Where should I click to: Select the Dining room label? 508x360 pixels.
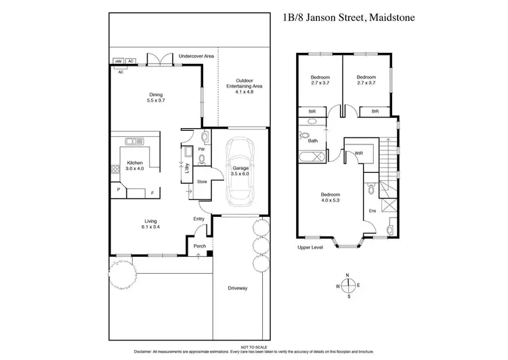coord(156,97)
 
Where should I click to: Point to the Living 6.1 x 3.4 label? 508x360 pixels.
coord(151,223)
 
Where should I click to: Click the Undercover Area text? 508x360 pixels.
coord(196,56)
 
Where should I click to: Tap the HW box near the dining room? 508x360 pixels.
coord(118,62)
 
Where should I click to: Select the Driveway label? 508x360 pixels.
coord(238,288)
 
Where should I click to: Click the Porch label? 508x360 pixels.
coord(200,246)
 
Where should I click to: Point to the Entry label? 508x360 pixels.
coord(198,218)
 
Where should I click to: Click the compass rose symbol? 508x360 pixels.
coord(348,285)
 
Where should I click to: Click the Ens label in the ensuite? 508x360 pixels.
coord(372,211)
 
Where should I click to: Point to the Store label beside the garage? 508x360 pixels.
coord(201,182)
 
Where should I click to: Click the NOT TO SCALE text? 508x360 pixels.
coord(253,346)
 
